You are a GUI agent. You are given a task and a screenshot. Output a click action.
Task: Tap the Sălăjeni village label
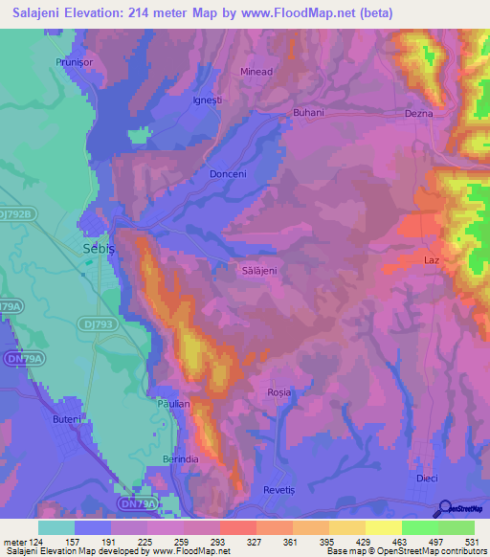[x=257, y=271]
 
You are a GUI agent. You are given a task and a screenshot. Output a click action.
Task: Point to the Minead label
[x=256, y=72]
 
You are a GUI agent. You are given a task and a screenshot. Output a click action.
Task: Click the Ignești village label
[x=207, y=99]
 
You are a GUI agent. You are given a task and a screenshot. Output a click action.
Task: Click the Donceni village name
[x=228, y=174]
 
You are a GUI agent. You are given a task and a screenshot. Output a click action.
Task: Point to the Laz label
[x=431, y=259]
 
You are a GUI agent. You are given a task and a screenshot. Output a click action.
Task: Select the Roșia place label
[x=278, y=392]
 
